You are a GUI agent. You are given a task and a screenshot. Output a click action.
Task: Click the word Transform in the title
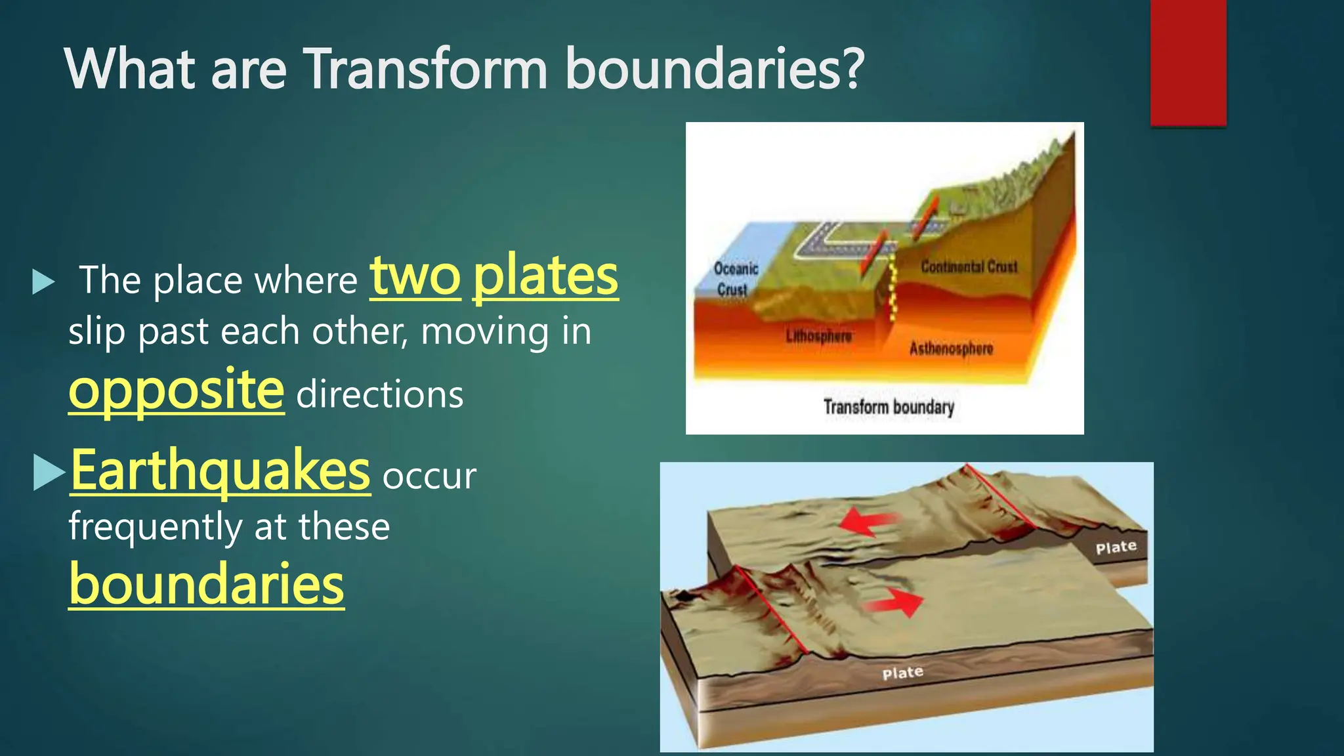click(426, 70)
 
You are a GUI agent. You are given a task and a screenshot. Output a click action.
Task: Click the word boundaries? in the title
click(715, 70)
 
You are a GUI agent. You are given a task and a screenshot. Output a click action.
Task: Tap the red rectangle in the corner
click(1188, 62)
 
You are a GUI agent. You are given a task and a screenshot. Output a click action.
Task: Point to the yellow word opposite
click(177, 390)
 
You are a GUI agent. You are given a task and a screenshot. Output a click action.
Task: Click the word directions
click(380, 395)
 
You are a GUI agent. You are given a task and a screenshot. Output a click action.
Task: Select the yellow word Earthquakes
click(220, 471)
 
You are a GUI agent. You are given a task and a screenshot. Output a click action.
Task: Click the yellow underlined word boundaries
click(206, 584)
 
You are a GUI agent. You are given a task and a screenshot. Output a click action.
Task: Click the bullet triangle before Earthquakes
click(48, 472)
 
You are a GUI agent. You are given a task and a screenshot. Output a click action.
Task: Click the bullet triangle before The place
click(43, 282)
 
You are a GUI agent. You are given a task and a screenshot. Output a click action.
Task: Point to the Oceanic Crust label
click(735, 279)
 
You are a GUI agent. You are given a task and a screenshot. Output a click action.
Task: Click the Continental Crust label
click(969, 267)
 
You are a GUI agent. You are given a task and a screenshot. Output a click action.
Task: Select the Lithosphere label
click(818, 336)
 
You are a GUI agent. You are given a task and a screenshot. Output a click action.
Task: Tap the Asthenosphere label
click(951, 348)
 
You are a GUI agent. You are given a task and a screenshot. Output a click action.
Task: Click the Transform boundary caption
click(889, 408)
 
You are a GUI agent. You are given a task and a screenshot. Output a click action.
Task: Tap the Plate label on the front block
click(902, 673)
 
